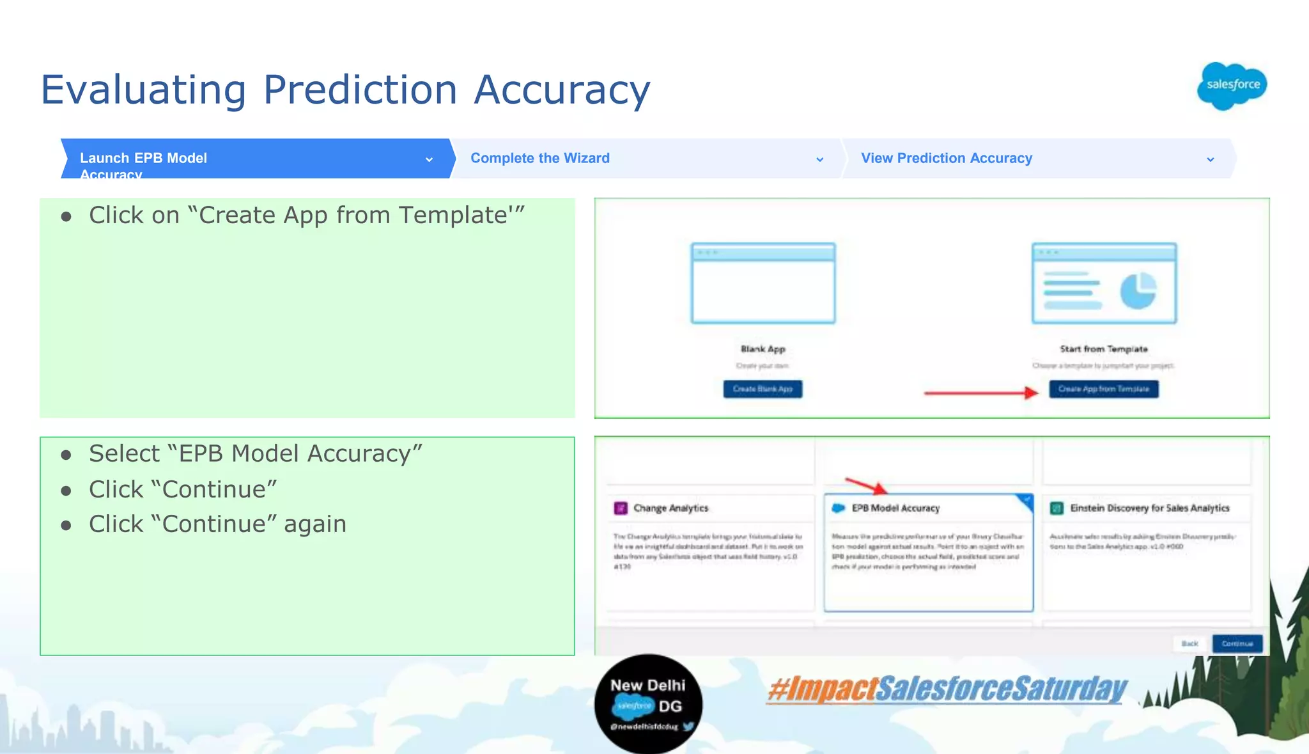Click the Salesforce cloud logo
tap(1232, 86)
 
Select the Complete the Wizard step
tap(540, 158)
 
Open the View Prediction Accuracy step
tap(946, 158)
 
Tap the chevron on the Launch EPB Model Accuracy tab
tap(429, 159)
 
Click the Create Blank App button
tap(763, 389)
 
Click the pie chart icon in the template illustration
tap(1138, 291)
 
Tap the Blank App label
tap(763, 349)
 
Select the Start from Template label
tap(1104, 349)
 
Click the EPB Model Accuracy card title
tap(895, 508)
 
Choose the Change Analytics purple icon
tap(621, 508)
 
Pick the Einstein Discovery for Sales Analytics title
tap(1149, 508)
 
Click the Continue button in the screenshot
tap(1237, 643)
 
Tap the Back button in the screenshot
tap(1189, 643)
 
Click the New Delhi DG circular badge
tap(648, 703)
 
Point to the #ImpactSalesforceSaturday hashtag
tap(947, 689)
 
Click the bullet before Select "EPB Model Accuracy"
tap(66, 455)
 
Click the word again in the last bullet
tap(314, 524)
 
